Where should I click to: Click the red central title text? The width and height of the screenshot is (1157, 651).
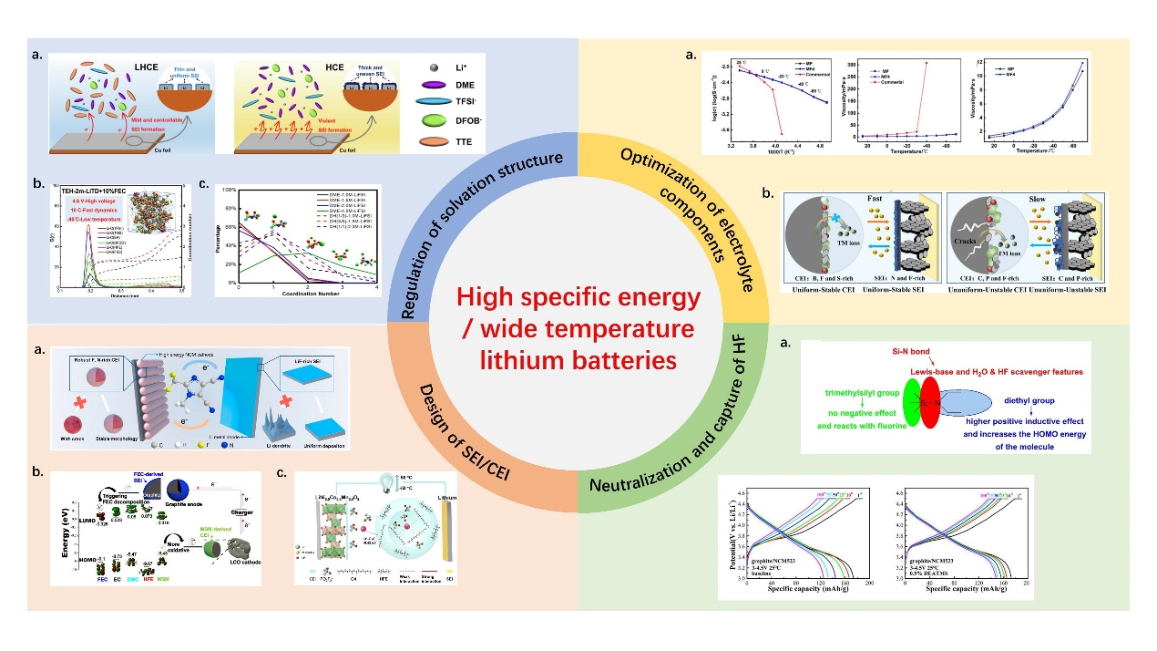(578, 328)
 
